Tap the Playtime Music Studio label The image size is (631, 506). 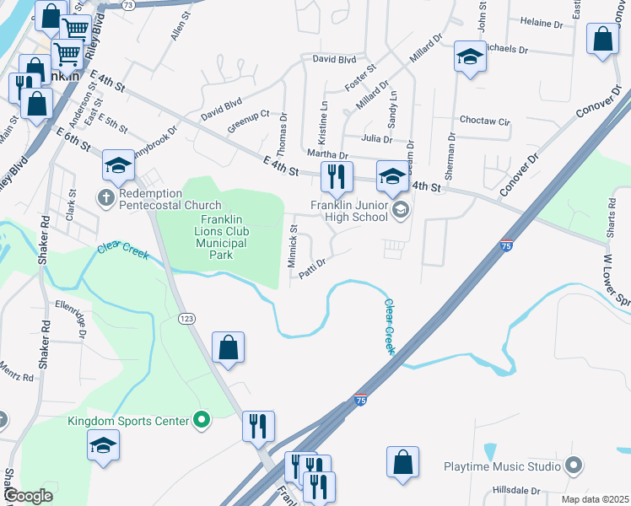[503, 466]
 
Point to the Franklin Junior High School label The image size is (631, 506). [348, 212]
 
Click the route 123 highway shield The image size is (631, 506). [186, 318]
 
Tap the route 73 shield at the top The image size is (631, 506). [127, 5]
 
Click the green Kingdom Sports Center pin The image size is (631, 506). [202, 419]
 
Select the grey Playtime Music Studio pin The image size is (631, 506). [573, 466]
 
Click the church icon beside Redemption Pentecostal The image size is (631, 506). [105, 199]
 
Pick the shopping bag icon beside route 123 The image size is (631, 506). [229, 347]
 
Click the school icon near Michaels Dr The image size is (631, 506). [470, 57]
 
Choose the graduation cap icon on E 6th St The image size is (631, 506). [119, 166]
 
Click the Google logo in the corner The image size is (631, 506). [29, 496]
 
